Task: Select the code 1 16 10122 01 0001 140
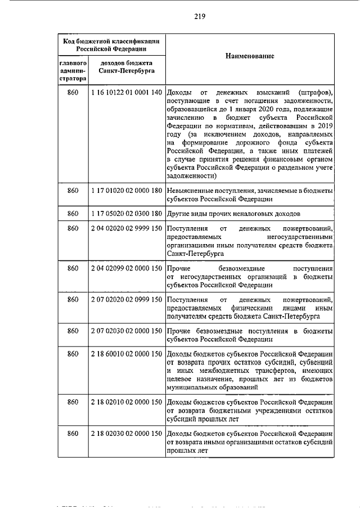[126, 92]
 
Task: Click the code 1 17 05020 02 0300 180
[126, 214]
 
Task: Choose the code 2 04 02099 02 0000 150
[126, 268]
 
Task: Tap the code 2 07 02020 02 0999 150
[126, 300]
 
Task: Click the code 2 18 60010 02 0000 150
[126, 354]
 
